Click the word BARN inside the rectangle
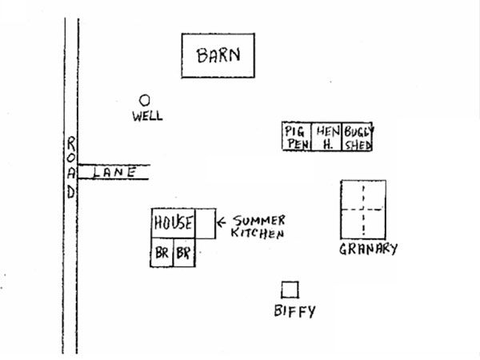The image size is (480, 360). (218, 56)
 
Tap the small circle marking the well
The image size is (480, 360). (145, 100)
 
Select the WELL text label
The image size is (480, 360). (147, 116)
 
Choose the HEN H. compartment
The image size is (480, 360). (327, 137)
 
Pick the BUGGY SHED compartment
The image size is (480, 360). (358, 137)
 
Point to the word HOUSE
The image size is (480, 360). (174, 223)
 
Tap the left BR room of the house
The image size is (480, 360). (162, 254)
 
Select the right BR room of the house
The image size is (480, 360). (184, 254)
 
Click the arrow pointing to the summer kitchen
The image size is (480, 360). (223, 221)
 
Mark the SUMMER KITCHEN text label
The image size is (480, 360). (258, 227)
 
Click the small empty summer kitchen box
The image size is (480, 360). (206, 223)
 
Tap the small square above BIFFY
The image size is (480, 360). (290, 289)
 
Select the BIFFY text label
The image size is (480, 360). (294, 311)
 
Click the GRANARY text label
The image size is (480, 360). (368, 249)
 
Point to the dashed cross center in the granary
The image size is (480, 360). (363, 210)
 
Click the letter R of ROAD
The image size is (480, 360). (71, 142)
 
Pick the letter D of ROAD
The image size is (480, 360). (71, 192)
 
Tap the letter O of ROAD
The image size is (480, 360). (71, 158)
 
